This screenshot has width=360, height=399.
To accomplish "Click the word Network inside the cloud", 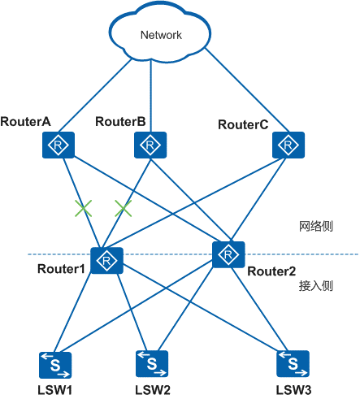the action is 161,35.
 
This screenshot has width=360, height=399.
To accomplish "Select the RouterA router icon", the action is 59,145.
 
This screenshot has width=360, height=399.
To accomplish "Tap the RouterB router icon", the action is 150,145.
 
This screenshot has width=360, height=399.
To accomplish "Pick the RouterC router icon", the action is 288,145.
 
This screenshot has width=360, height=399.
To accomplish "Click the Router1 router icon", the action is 106,261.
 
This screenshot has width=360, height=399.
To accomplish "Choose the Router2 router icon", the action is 228,254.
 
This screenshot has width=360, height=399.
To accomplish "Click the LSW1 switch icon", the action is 55,365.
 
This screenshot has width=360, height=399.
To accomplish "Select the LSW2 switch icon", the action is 152,363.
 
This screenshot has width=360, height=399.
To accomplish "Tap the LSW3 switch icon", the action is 293,363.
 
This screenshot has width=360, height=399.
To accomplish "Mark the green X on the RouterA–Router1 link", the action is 84,209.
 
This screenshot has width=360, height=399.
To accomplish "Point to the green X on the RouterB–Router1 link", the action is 124,209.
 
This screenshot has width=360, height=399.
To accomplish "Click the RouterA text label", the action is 25,122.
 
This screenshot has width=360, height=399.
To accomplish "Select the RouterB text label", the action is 120,122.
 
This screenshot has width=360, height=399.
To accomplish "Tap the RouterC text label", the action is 243,124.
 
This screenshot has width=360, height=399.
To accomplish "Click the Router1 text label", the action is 61,269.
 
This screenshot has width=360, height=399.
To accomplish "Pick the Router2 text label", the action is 271,271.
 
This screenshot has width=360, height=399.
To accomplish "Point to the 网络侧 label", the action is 316,226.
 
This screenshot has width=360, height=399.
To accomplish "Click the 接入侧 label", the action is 316,286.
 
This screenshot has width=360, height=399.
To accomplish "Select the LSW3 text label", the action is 293,390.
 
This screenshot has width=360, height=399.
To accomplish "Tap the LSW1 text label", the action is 54,390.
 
